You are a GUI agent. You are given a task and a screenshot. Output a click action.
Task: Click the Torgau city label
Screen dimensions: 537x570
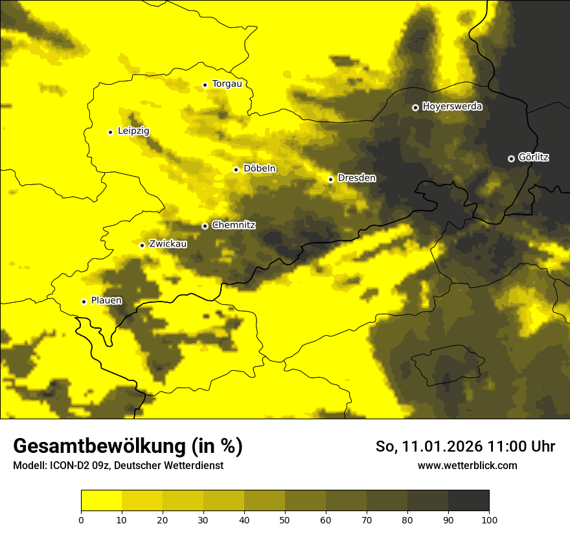click(x=227, y=84)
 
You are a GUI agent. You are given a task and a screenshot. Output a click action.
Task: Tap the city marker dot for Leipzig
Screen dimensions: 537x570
click(x=110, y=132)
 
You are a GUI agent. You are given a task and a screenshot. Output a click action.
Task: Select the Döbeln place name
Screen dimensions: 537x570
click(x=259, y=169)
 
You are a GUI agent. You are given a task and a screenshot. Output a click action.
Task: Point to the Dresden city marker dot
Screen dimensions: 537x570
click(x=330, y=179)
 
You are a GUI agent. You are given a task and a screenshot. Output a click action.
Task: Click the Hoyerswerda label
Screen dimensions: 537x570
click(x=452, y=107)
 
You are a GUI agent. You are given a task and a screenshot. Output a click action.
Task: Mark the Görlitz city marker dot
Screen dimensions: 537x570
click(x=511, y=159)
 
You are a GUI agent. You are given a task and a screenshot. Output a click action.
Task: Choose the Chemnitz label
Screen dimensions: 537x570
click(x=234, y=226)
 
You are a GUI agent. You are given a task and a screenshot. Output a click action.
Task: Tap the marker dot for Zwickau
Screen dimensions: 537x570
click(x=142, y=245)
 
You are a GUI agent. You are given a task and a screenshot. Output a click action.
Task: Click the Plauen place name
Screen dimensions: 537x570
click(x=106, y=301)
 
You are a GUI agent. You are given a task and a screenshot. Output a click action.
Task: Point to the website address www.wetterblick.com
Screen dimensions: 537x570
click(x=467, y=466)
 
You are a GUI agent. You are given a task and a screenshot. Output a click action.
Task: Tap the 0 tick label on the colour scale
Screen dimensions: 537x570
click(x=81, y=520)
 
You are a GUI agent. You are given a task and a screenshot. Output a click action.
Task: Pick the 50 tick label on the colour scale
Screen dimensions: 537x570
click(x=285, y=520)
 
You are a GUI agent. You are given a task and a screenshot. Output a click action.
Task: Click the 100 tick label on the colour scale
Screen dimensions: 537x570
click(x=489, y=520)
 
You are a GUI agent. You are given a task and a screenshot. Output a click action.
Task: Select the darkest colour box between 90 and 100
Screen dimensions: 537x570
click(x=468, y=501)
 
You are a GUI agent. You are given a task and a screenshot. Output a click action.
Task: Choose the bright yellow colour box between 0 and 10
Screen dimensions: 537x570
click(x=101, y=501)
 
